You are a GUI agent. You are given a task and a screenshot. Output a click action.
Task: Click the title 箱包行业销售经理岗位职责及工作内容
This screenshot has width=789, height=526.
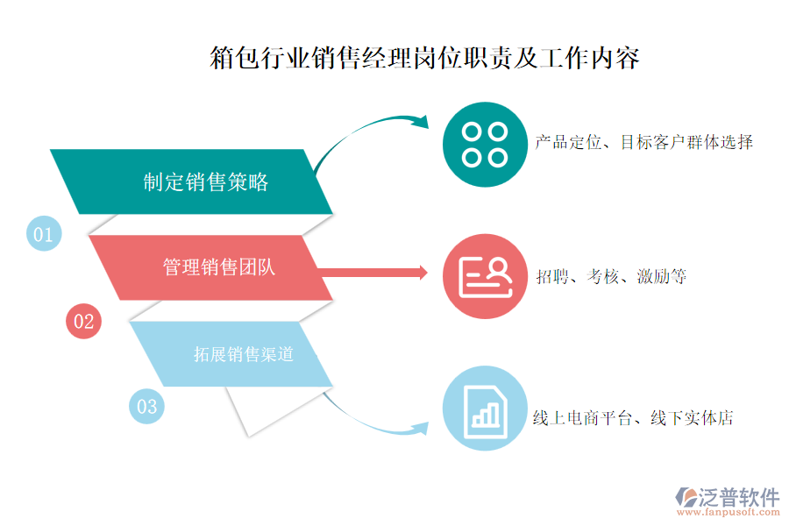(x=424, y=57)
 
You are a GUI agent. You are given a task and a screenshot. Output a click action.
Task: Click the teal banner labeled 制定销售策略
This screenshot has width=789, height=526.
(x=191, y=181)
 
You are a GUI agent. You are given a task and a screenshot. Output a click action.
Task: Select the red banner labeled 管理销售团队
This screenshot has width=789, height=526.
(x=210, y=267)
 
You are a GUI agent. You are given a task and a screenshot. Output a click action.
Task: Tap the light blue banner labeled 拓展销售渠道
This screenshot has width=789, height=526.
(x=231, y=354)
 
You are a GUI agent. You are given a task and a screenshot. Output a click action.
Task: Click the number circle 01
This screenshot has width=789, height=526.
(x=44, y=233)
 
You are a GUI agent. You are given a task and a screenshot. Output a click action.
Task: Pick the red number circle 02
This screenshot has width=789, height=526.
(x=83, y=321)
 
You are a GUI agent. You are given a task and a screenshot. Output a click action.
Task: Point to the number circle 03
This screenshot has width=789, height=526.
(x=146, y=406)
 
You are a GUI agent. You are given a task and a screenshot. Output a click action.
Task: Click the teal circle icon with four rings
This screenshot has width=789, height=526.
(x=485, y=145)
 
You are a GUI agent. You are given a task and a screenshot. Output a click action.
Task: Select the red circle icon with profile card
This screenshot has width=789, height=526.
(x=485, y=276)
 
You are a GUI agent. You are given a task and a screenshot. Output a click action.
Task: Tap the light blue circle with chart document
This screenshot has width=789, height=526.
(x=485, y=409)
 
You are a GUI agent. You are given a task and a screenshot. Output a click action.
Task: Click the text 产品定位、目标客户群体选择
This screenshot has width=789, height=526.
(x=644, y=142)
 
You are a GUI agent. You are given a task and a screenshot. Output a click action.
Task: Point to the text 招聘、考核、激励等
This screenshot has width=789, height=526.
(x=611, y=276)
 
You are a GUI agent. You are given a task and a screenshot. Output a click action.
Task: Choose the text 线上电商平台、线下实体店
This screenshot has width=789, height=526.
(x=633, y=418)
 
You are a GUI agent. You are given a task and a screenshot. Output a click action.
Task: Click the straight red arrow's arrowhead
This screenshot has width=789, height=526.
(x=423, y=273)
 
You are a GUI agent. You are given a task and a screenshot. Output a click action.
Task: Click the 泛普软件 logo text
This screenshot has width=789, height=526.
(x=738, y=497)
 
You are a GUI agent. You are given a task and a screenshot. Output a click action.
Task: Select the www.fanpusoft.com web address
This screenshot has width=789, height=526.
(x=728, y=512)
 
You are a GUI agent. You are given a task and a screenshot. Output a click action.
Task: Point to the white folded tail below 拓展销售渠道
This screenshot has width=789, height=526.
(x=274, y=410)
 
